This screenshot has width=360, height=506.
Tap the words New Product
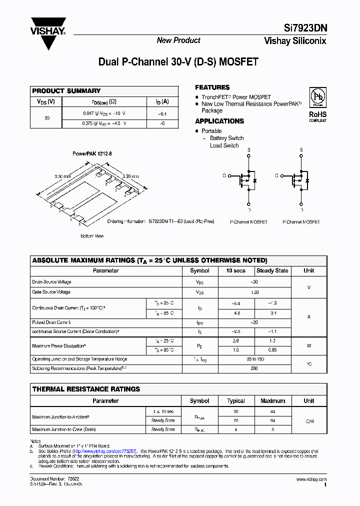(x=178, y=40)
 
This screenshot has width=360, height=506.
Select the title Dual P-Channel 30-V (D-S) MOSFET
(x=178, y=62)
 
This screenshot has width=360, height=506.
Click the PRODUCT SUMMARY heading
(x=66, y=91)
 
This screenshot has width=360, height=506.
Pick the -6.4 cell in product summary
(x=162, y=113)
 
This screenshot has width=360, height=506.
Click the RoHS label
(x=317, y=114)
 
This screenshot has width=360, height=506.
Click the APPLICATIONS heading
(x=219, y=121)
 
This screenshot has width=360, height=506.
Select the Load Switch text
(x=224, y=145)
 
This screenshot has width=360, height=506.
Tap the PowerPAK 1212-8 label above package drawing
(x=92, y=155)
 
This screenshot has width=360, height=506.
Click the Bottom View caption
(x=92, y=235)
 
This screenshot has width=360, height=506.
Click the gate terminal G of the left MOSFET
(x=223, y=176)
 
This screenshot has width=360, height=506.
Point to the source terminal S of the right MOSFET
(x=301, y=149)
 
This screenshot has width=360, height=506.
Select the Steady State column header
(x=272, y=270)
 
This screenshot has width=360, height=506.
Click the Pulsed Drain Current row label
(x=51, y=322)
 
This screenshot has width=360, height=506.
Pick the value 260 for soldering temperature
(x=254, y=368)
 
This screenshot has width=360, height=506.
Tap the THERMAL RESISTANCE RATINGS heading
(x=86, y=389)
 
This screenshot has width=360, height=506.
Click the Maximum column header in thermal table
(x=272, y=400)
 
